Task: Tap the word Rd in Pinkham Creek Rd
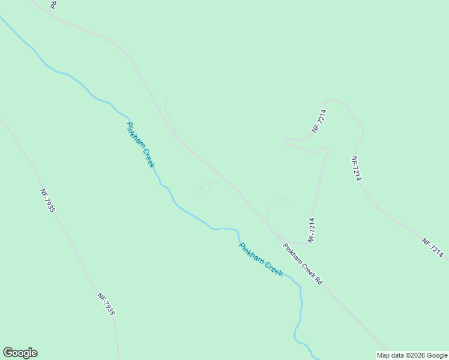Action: pyautogui.click(x=319, y=280)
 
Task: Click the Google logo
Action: pyautogui.click(x=20, y=353)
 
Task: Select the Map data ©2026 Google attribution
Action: pyautogui.click(x=412, y=355)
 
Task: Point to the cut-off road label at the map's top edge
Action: pyautogui.click(x=53, y=4)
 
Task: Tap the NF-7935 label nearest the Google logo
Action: pyautogui.click(x=106, y=304)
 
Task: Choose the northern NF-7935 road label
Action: pyautogui.click(x=48, y=200)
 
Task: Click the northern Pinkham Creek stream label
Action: pyautogui.click(x=140, y=145)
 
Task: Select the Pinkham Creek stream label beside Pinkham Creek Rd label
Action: pyautogui.click(x=261, y=259)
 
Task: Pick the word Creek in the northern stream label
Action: pyautogui.click(x=148, y=157)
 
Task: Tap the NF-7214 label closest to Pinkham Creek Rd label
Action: pyautogui.click(x=312, y=229)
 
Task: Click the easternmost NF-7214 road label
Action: pyautogui.click(x=432, y=248)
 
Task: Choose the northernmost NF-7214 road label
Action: pyautogui.click(x=319, y=121)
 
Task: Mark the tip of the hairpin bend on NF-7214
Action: pyautogui.click(x=285, y=142)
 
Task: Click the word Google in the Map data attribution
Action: pyautogui.click(x=437, y=355)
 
